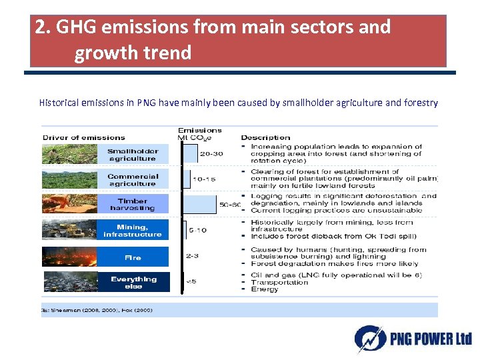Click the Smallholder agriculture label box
(133, 155)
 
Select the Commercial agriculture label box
(133, 180)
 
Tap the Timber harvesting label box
(133, 204)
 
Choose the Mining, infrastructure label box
(133, 231)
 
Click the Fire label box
(133, 257)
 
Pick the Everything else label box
(133, 283)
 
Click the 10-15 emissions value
(203, 179)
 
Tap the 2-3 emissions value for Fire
(192, 256)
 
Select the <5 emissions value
(191, 281)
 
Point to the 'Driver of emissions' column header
(83, 137)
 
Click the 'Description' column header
(265, 137)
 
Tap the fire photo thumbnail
(69, 257)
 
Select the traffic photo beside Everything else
(69, 282)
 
